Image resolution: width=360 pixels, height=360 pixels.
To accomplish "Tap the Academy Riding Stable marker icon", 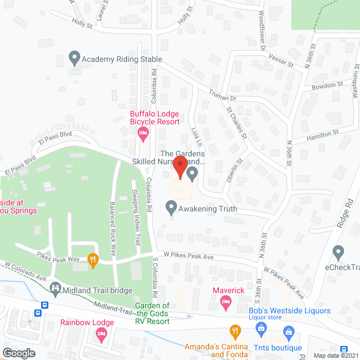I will coord(74,58).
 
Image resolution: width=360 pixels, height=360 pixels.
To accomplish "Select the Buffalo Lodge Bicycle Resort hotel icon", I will coord(142,134).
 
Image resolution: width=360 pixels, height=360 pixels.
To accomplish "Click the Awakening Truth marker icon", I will coord(172,208).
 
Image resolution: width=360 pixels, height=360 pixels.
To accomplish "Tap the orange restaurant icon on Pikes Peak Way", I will coord(93,259).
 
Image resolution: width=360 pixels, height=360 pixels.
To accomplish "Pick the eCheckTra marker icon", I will coord(338,252).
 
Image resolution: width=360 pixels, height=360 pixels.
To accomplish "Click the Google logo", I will coord(19,353).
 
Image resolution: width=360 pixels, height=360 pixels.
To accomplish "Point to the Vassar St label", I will coord(282,63).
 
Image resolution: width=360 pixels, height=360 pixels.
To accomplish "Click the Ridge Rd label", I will coord(345,213).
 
